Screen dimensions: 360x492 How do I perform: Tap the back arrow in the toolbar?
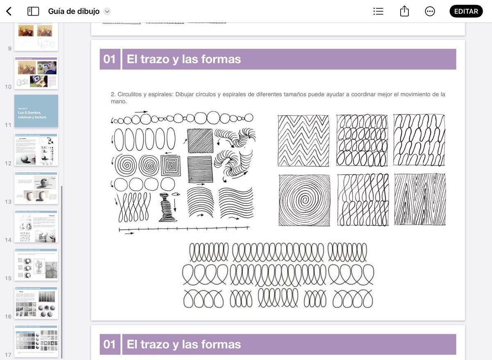tap(9, 11)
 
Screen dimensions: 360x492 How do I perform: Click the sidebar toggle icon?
tap(33, 11)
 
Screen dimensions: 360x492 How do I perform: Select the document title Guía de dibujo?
tap(74, 11)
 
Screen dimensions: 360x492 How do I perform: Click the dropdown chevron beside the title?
tap(107, 11)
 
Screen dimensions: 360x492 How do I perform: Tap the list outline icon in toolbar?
tap(378, 11)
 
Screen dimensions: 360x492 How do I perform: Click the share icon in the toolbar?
tap(404, 11)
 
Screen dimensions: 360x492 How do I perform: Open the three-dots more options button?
tap(430, 11)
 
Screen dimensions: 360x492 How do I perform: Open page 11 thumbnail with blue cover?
tap(36, 111)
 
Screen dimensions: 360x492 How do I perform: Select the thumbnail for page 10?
tap(36, 73)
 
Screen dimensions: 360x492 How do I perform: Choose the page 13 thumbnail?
tap(36, 188)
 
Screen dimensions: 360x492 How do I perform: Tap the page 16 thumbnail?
tap(36, 303)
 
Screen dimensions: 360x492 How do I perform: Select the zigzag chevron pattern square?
tap(304, 141)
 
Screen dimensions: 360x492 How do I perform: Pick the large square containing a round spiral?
tap(304, 200)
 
